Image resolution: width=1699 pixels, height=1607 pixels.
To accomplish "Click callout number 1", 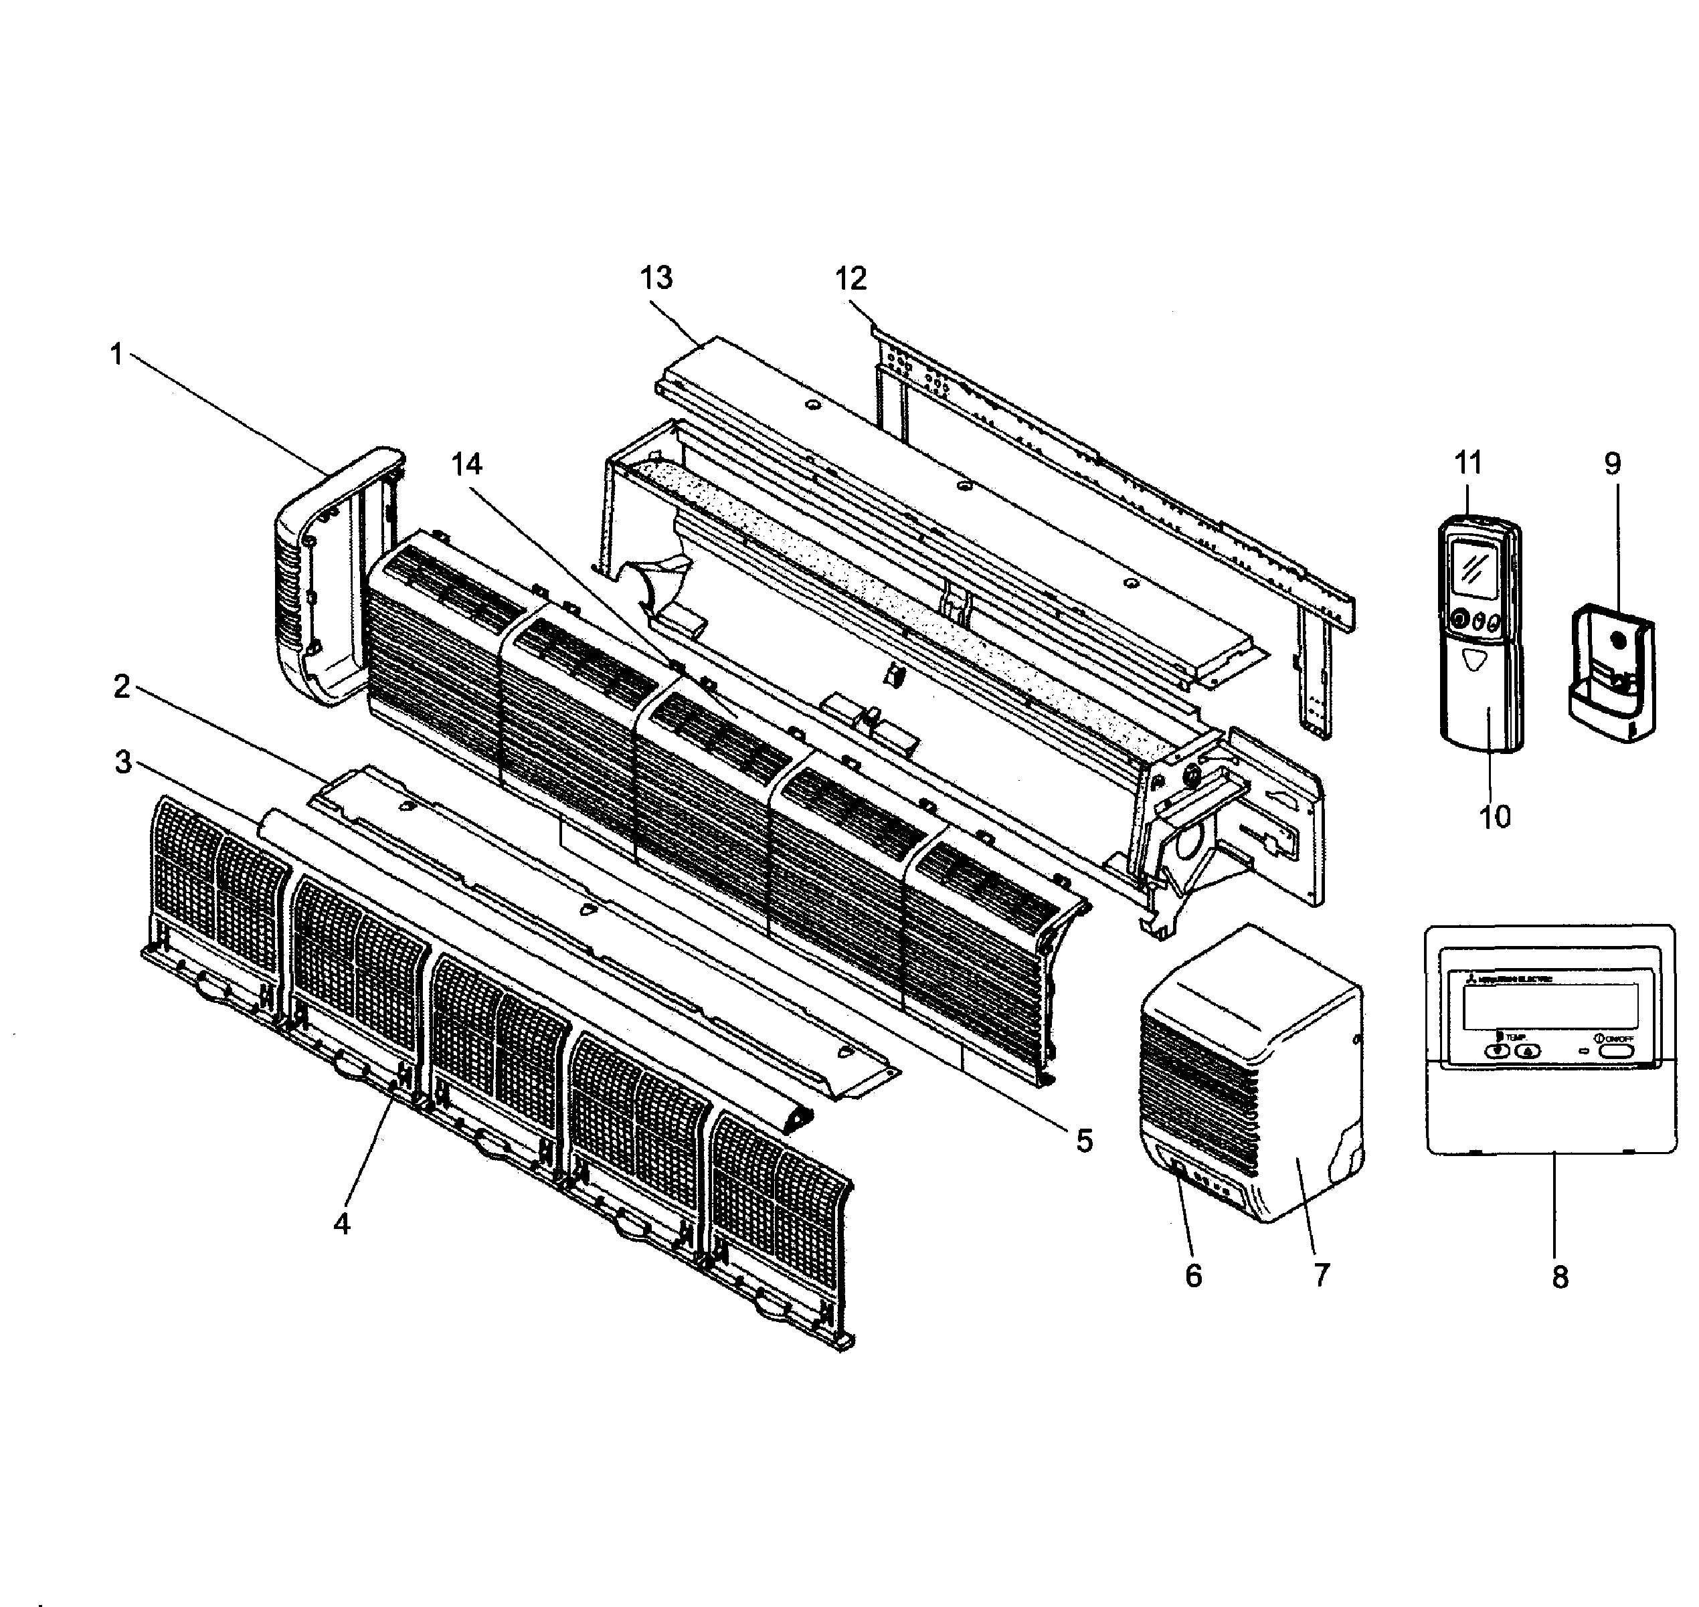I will [x=117, y=355].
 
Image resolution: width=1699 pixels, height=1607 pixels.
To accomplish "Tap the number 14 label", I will [x=466, y=464].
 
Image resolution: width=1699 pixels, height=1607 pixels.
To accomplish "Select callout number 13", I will [x=656, y=278].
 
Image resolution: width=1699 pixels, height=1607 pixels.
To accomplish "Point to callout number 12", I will [x=851, y=278].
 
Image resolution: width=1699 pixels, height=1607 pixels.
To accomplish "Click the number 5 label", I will [x=1084, y=1140].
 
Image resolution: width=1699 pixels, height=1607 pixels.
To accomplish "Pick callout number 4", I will [x=342, y=1224].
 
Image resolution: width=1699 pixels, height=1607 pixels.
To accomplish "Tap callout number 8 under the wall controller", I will [x=1559, y=1277].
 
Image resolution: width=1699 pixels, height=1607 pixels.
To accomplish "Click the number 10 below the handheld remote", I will [x=1495, y=816].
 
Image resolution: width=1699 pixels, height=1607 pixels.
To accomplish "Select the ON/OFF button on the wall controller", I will [x=1614, y=1050].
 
